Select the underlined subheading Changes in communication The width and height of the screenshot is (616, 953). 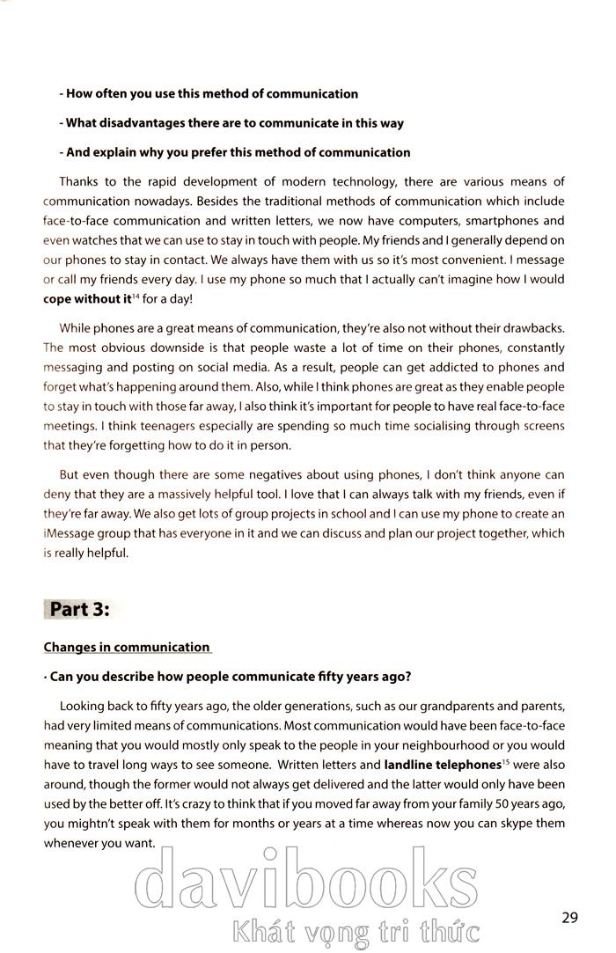pyautogui.click(x=127, y=648)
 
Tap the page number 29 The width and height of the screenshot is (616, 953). pyautogui.click(x=569, y=918)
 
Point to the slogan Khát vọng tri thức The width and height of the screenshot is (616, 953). pyautogui.click(x=352, y=929)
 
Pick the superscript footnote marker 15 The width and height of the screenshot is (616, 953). pyautogui.click(x=506, y=761)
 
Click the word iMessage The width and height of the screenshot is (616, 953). pyautogui.click(x=72, y=533)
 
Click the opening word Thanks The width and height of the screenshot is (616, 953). pyautogui.click(x=80, y=182)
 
